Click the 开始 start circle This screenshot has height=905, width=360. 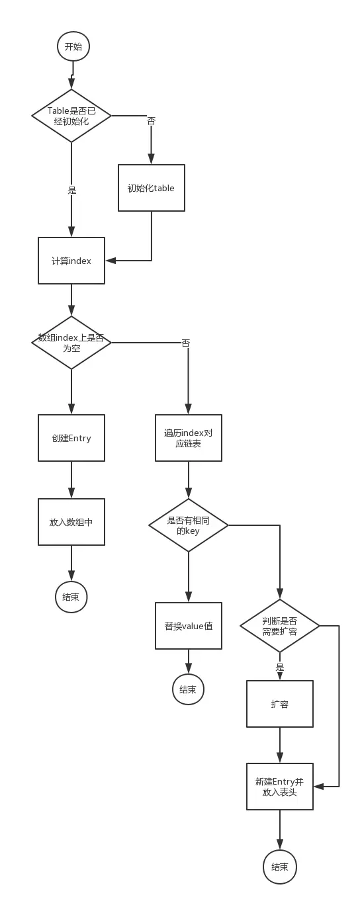73,46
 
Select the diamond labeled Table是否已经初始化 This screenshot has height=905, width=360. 71,116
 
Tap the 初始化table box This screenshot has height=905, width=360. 151,188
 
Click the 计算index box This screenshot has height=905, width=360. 71,261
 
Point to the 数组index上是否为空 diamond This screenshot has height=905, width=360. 71,342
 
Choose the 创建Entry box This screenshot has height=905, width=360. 71,438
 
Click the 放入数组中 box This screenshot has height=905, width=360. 71,522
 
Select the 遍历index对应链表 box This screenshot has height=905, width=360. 189,438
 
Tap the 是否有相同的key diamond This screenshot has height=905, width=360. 189,525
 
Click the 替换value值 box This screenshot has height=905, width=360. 189,626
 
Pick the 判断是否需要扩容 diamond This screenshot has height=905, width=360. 280,626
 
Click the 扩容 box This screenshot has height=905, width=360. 280,704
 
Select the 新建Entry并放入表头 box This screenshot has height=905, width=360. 280,787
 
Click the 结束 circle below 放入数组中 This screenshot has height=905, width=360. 71,597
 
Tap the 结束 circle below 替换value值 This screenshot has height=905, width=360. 188,689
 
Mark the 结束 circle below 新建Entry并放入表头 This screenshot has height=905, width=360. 280,867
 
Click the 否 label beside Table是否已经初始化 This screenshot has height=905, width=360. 151,121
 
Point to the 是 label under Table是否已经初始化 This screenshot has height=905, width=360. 72,190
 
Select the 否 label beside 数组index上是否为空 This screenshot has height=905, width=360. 186,343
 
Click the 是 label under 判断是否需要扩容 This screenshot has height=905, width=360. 280,668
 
